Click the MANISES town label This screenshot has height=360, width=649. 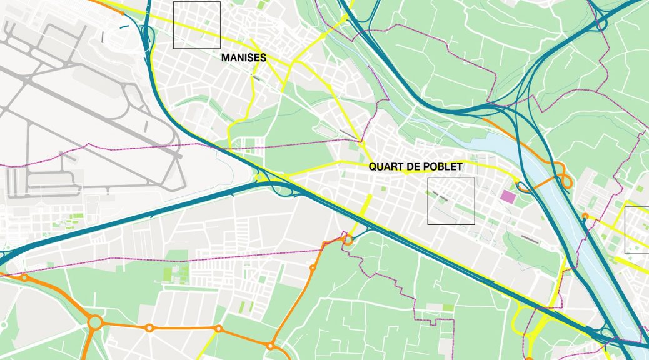tap(244, 57)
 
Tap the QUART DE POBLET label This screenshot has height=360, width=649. tap(415, 167)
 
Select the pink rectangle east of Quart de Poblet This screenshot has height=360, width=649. tap(508, 197)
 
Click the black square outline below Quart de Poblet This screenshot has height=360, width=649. tap(451, 201)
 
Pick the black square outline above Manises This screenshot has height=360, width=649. tap(197, 25)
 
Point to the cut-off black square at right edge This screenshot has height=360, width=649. tap(637, 230)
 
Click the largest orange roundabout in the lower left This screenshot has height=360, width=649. tap(95, 322)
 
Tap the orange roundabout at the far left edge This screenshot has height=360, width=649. tap(24, 277)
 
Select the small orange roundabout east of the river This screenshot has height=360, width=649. tap(585, 216)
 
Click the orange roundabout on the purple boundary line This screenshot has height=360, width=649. tap(348, 239)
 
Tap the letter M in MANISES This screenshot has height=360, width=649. tap(225, 57)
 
